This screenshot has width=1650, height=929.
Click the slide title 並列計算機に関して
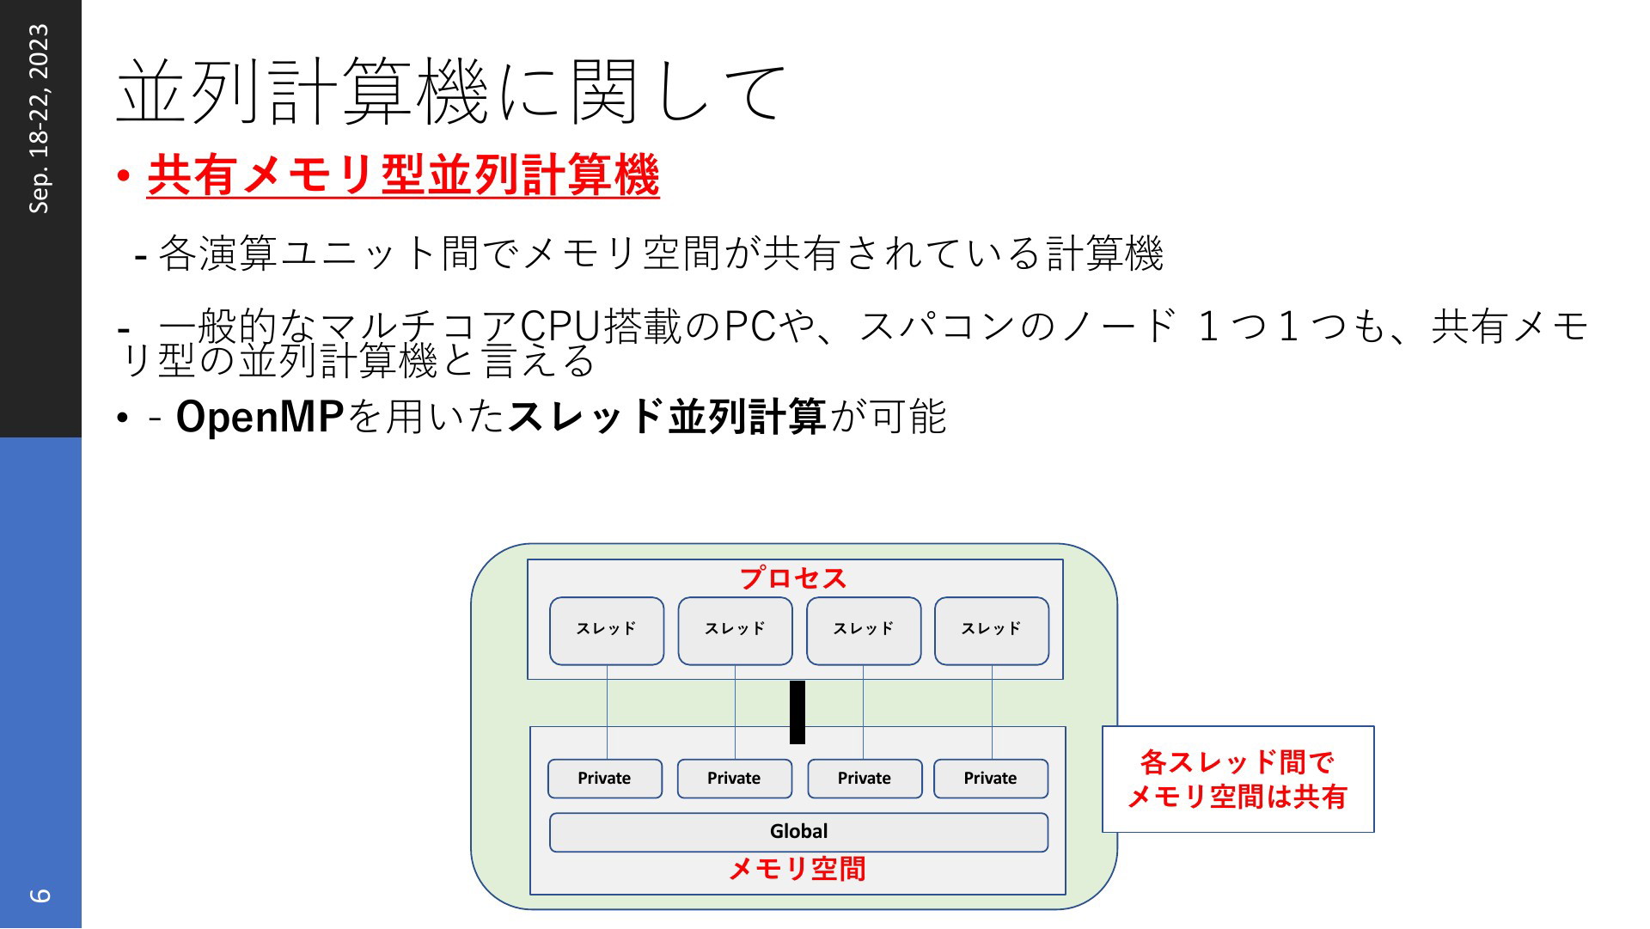click(x=450, y=91)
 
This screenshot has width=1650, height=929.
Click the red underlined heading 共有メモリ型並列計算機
click(x=403, y=175)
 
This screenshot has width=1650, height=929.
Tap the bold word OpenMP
click(x=260, y=417)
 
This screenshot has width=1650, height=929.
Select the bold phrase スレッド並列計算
click(x=667, y=417)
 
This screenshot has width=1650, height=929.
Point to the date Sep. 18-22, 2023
click(x=40, y=119)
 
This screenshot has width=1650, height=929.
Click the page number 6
click(x=40, y=895)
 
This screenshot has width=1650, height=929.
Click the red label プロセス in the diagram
click(x=794, y=578)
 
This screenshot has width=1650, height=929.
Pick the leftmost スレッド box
click(x=607, y=631)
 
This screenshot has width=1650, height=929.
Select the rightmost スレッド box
click(x=992, y=631)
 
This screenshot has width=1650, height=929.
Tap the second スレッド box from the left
click(x=735, y=631)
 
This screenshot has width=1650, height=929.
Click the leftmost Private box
click(x=605, y=779)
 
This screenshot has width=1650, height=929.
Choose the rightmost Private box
click(x=991, y=779)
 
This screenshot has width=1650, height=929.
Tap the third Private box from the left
click(x=865, y=779)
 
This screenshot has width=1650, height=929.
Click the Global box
click(x=798, y=832)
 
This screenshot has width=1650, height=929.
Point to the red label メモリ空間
click(x=797, y=869)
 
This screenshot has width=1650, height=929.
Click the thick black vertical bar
click(x=797, y=712)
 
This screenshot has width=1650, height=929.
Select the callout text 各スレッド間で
click(x=1237, y=762)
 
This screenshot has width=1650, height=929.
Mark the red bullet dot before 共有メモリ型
click(x=125, y=176)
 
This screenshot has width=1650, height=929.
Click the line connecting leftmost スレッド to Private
click(x=608, y=712)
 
